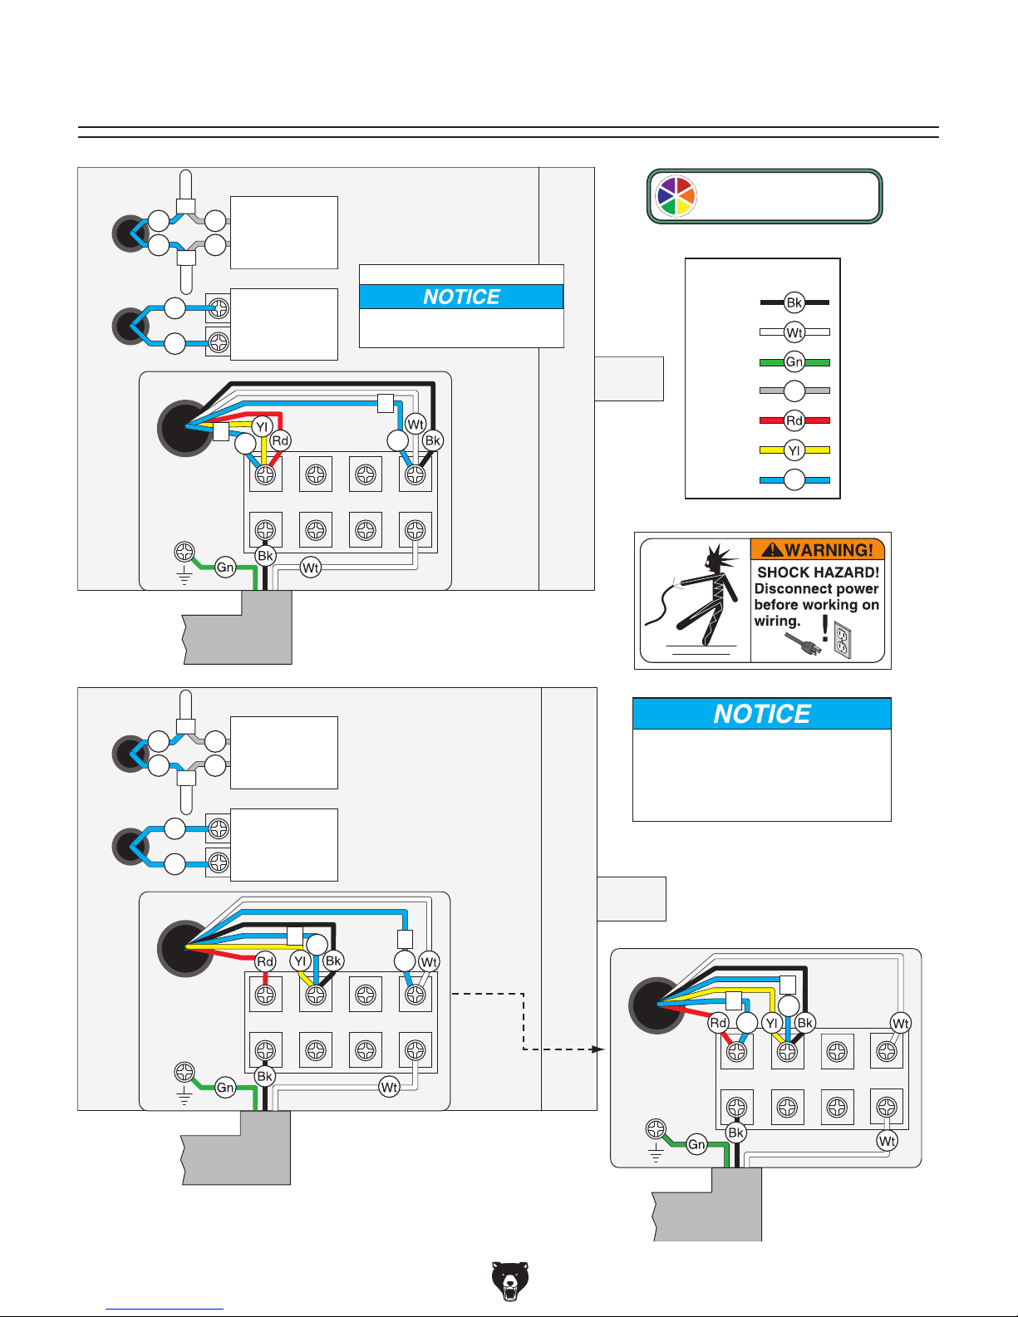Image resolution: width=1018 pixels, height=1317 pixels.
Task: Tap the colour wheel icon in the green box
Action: point(676,196)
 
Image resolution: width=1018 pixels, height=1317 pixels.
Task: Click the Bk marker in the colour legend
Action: point(794,302)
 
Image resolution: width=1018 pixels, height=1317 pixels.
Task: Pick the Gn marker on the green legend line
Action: point(794,361)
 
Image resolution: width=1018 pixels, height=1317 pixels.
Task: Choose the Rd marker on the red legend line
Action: point(794,420)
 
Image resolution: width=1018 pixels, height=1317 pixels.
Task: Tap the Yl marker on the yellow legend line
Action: point(794,450)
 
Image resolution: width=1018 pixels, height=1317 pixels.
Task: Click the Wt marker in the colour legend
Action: point(794,332)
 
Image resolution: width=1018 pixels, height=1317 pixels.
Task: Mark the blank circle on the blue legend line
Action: point(794,480)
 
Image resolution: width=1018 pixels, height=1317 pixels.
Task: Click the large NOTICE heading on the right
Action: point(761,714)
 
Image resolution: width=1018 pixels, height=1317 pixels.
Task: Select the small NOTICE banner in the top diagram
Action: point(461,297)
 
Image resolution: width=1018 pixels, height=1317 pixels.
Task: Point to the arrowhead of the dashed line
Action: point(598,1049)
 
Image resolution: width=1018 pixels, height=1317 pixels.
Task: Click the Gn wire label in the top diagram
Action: point(225,568)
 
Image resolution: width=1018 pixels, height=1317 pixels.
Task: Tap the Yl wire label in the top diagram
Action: point(262,427)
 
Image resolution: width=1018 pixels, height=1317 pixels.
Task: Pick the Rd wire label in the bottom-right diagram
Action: point(718,1023)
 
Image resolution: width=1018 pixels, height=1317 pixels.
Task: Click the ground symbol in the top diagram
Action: point(184,575)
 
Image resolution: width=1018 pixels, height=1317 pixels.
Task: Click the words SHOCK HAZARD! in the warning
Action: point(818,573)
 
